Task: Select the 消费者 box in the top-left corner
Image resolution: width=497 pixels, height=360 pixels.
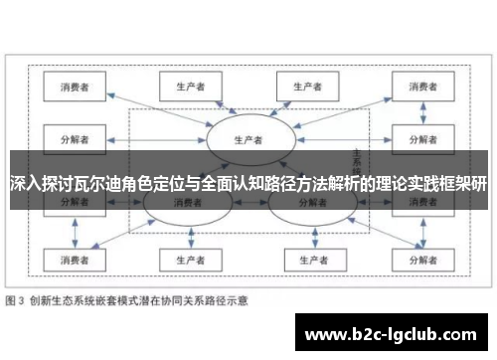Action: (74, 87)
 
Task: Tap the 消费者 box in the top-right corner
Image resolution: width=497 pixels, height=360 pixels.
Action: (419, 87)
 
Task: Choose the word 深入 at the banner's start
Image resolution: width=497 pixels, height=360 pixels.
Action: (22, 183)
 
